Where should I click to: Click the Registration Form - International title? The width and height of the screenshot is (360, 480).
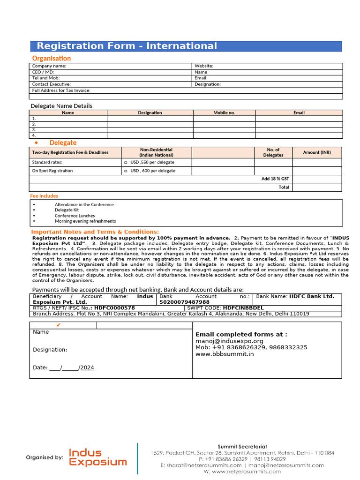coord(127,46)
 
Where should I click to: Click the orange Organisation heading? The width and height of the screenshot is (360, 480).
coord(52,58)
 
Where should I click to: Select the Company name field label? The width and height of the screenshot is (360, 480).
coord(49,66)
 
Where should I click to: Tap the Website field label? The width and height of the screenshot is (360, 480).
coord(204,66)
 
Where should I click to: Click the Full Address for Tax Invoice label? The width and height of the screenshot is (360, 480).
coord(61,90)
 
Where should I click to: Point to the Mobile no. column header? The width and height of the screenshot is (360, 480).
coord(224,112)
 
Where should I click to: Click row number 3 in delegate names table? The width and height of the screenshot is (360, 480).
coord(34,130)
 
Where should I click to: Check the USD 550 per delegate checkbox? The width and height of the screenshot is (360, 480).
coord(126,162)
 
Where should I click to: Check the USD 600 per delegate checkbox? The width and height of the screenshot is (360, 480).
coord(126,171)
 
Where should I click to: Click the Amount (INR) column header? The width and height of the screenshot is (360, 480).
coord(317,152)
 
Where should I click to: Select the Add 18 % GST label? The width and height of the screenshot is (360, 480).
coord(275,179)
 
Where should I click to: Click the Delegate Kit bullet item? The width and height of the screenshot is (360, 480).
coord(67,210)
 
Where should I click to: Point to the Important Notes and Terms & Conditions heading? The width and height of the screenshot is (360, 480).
coord(95,232)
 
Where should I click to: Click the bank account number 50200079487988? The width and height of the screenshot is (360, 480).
coord(184,302)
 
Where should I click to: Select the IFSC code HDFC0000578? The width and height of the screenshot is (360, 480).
coord(114,308)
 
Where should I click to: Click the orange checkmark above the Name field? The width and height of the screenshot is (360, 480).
coord(58,325)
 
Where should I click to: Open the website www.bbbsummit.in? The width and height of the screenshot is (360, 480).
coord(225,354)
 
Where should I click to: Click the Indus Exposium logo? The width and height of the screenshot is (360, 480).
coord(97,457)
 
